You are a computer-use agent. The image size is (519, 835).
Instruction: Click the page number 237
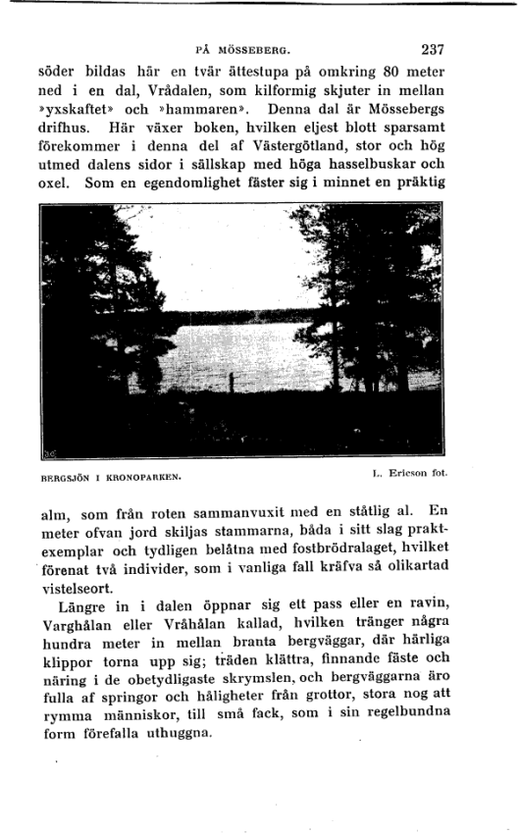434,47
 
